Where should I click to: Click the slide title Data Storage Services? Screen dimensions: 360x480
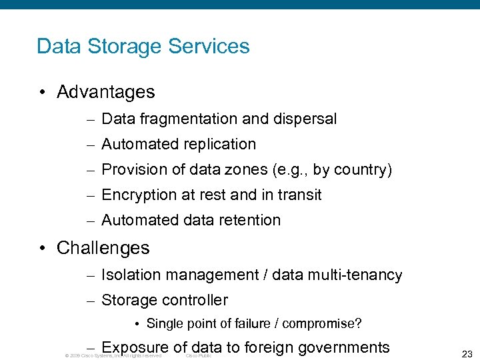click(143, 47)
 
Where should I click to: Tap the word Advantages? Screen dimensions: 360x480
click(106, 92)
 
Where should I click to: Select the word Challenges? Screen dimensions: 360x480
click(103, 248)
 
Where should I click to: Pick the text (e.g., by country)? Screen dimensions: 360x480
click(332, 170)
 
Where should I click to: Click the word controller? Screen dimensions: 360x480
click(193, 301)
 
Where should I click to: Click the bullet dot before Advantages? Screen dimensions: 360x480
click(42, 93)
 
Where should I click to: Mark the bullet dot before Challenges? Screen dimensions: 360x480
click(42, 249)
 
